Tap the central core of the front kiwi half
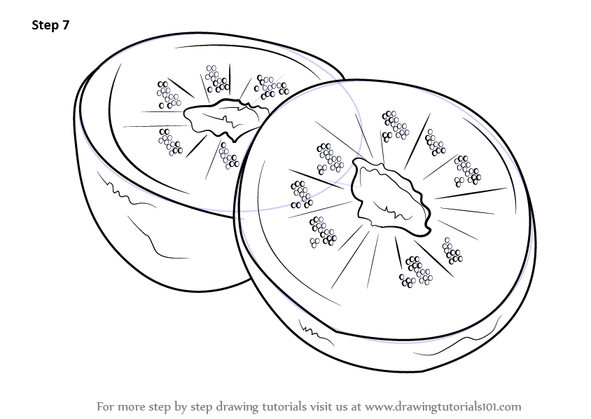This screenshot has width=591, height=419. (389, 195)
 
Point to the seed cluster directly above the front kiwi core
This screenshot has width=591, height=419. (395, 125)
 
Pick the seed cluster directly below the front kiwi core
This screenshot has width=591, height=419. (416, 271)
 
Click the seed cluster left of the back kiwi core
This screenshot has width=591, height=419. (169, 142)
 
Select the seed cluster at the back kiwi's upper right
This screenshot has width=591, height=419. (270, 87)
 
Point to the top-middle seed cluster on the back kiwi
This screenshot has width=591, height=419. (216, 78)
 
